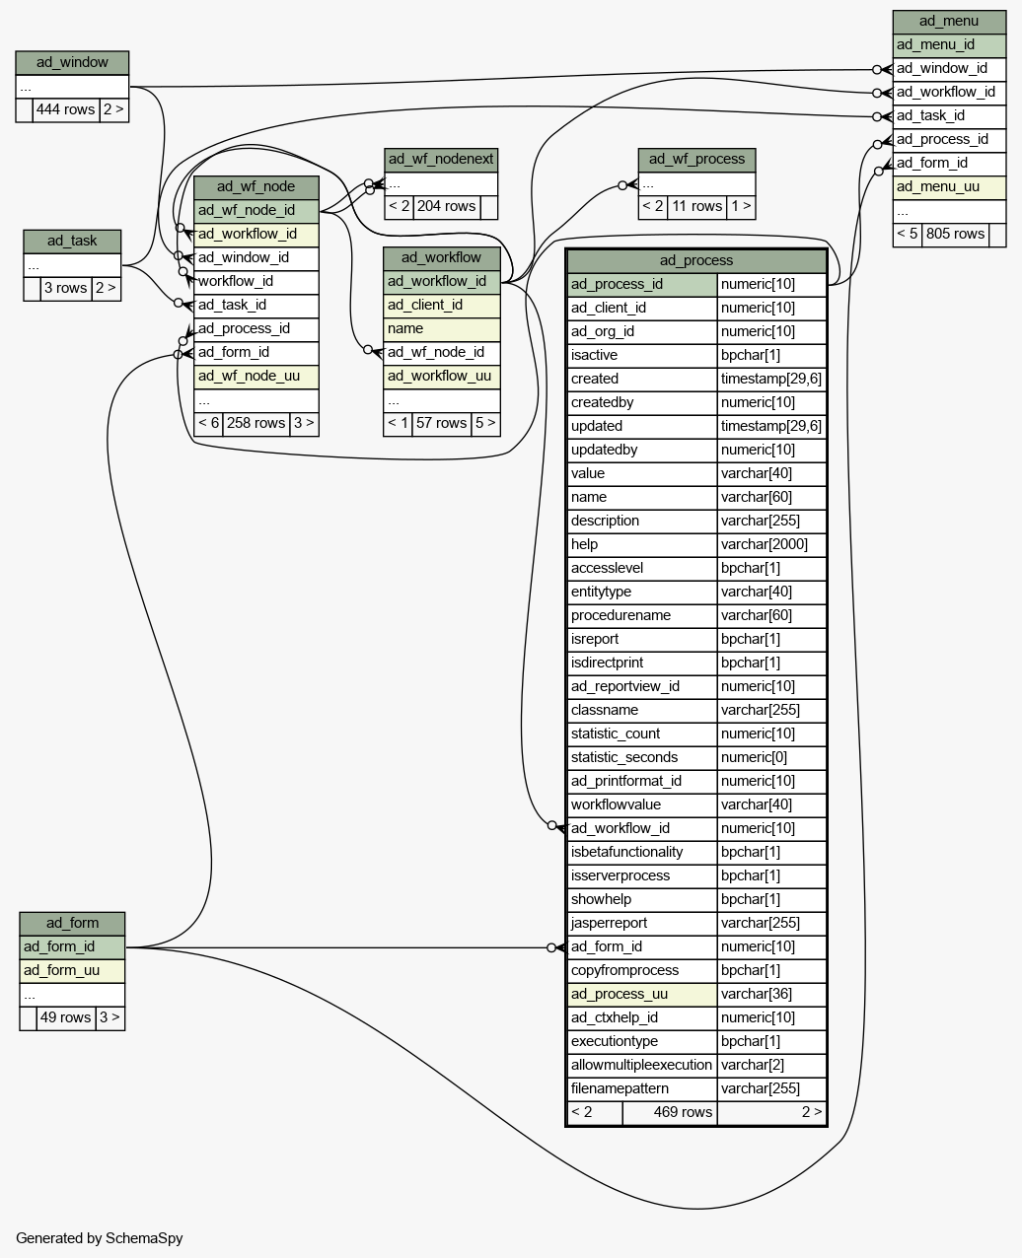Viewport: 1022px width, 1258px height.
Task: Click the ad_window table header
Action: [72, 63]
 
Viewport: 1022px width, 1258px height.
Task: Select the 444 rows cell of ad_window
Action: [65, 109]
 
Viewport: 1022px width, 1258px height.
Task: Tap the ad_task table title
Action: [72, 242]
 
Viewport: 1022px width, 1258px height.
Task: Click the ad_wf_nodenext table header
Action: [441, 160]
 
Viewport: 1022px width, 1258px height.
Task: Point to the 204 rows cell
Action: [447, 207]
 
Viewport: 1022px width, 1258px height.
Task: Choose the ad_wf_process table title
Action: [696, 160]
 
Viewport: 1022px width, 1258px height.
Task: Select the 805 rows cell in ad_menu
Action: [955, 235]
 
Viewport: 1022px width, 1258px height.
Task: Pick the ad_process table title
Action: [696, 261]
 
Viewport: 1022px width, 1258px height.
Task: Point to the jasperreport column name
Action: [609, 923]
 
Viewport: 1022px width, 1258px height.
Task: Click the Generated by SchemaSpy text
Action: [100, 1238]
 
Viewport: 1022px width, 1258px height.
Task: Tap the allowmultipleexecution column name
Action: [641, 1066]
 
